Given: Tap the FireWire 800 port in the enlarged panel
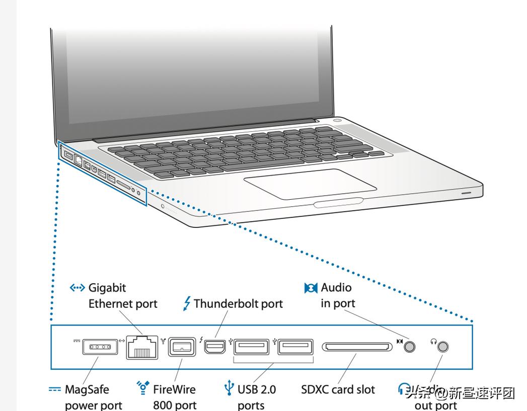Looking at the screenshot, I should point(180,347).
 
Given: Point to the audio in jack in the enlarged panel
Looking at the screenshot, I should point(411,347).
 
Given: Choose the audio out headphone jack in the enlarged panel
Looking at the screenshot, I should point(443,347).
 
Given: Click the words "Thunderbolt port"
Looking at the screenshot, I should point(238,304).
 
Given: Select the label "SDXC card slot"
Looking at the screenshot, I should point(338,389).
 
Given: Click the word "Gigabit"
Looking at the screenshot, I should point(107,288).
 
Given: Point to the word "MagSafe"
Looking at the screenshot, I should point(87,389).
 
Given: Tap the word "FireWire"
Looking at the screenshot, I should point(174,389).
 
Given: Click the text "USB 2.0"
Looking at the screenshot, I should point(257,389).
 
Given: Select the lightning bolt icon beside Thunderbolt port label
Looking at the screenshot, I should point(187,303).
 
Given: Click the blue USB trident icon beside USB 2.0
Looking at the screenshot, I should point(229,388).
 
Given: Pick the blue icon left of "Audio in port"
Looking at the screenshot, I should point(311,288).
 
